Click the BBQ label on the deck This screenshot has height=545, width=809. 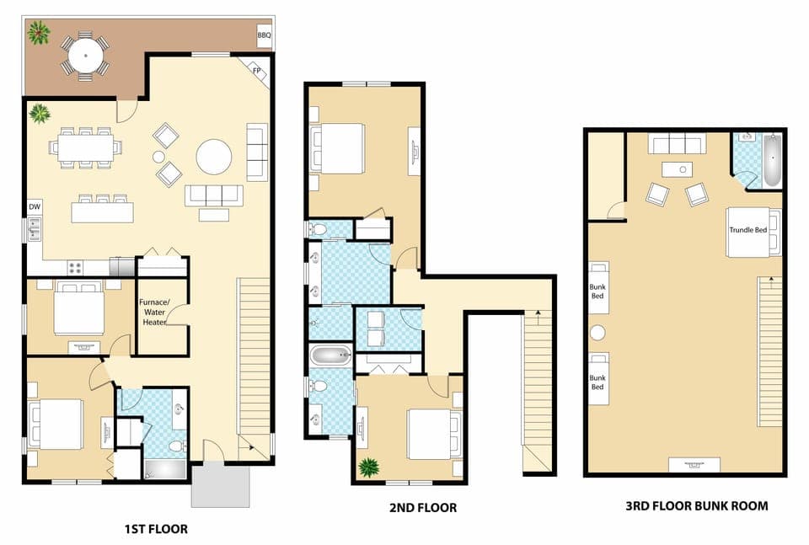click(x=263, y=36)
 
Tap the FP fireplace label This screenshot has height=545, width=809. click(x=256, y=71)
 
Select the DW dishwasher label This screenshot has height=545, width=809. click(x=35, y=206)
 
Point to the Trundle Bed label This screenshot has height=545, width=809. click(x=747, y=229)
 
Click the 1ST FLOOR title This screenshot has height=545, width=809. click(x=156, y=530)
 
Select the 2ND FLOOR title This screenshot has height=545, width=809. click(x=424, y=508)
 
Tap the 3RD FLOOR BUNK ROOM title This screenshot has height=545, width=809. click(x=696, y=506)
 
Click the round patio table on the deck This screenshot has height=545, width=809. click(x=85, y=57)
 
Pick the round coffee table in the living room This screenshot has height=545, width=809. click(x=214, y=156)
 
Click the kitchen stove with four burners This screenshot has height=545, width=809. click(x=74, y=268)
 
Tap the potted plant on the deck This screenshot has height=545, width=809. click(x=37, y=34)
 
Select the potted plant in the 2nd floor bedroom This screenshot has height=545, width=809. click(x=369, y=467)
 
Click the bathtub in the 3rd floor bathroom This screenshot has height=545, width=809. click(x=772, y=160)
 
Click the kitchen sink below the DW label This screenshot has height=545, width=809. click(x=34, y=228)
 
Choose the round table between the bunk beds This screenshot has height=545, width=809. click(x=599, y=331)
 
